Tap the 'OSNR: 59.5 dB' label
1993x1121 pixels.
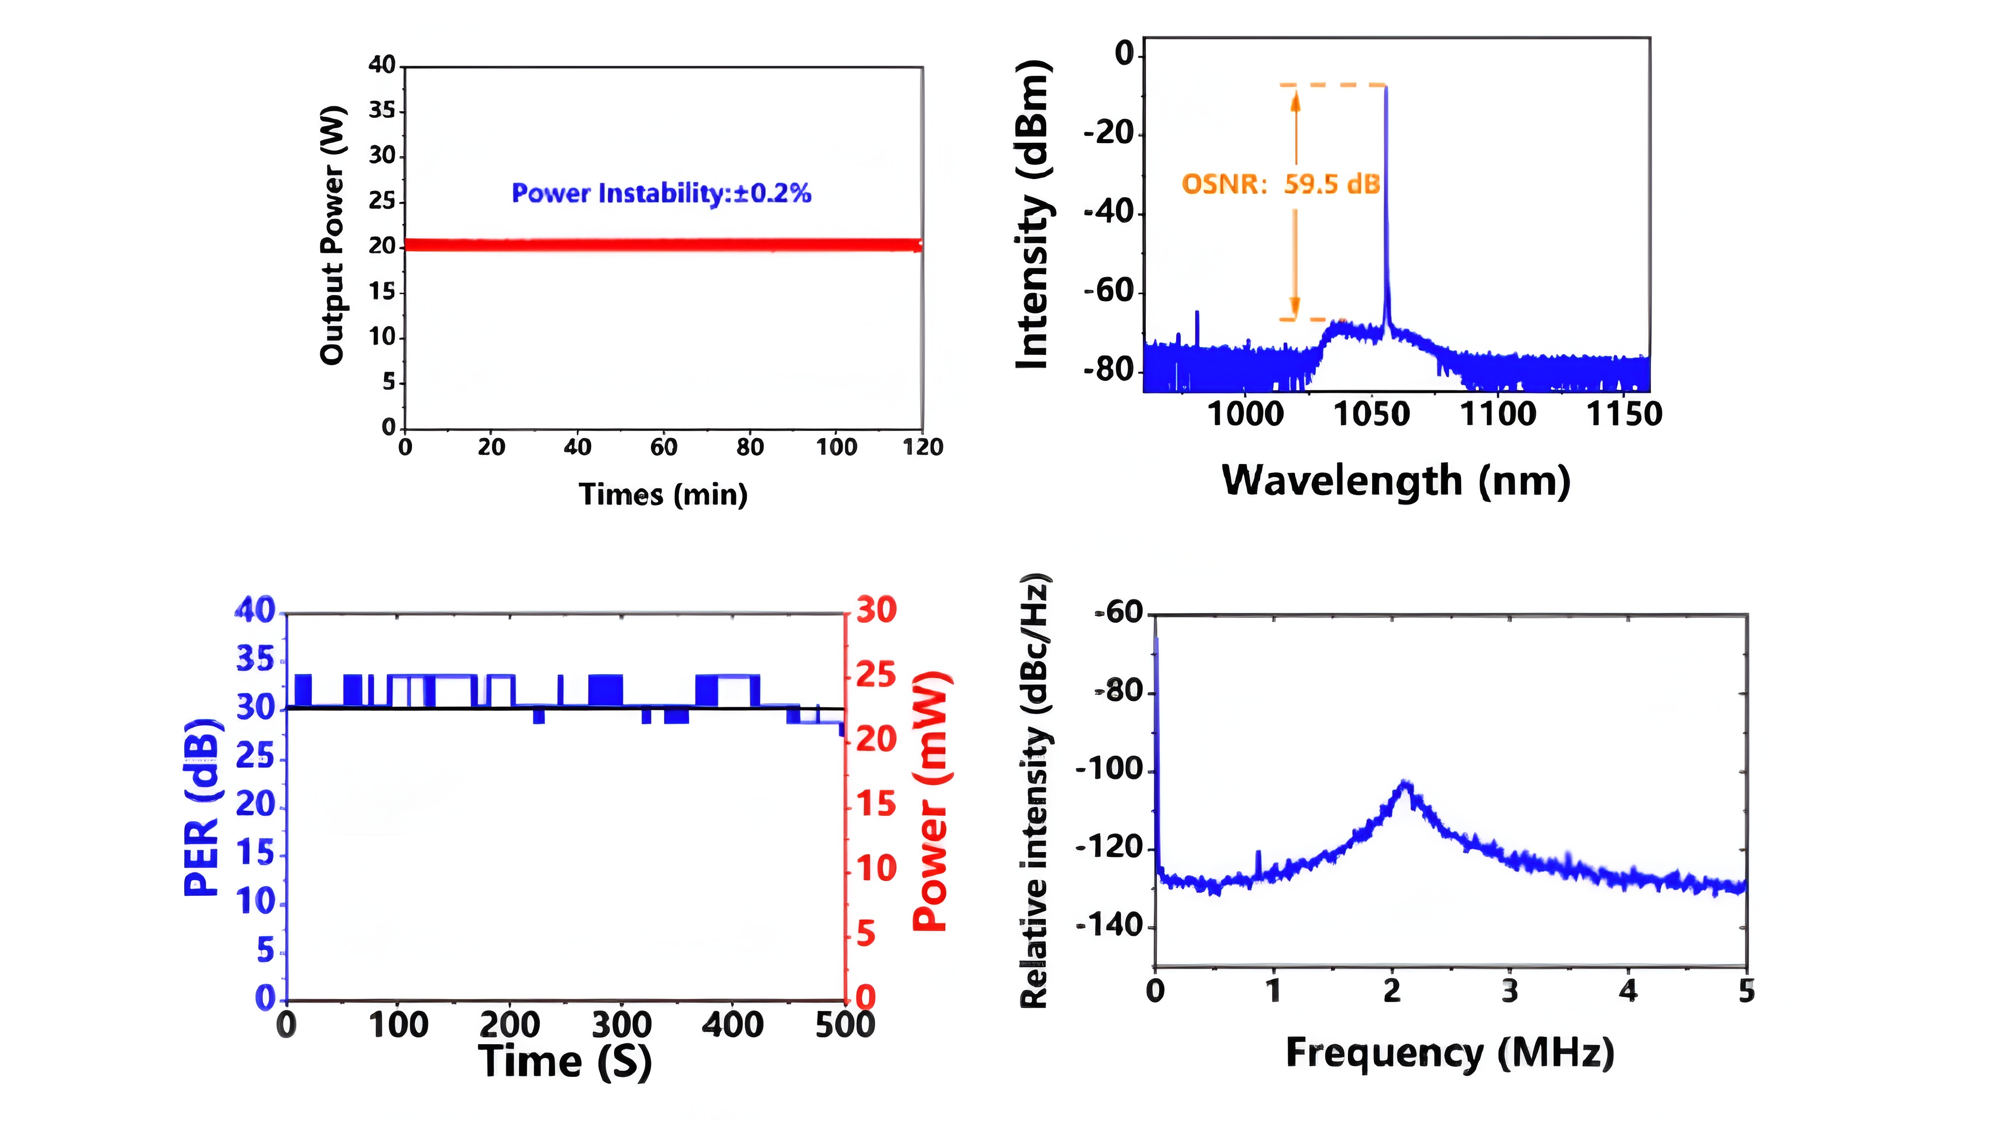1280,184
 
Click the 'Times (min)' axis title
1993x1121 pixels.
663,495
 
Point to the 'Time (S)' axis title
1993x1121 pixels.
565,1061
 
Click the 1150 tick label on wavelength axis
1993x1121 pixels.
1624,414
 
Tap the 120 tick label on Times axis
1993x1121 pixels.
923,447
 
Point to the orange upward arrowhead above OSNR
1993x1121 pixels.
1296,101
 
